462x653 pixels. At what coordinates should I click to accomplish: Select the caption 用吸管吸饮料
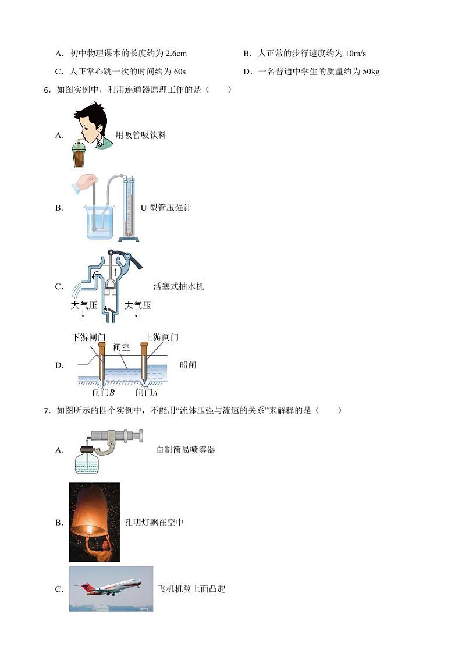[141, 135]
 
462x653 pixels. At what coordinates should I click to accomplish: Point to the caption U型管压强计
[166, 208]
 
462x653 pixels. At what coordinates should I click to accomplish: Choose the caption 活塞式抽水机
[179, 286]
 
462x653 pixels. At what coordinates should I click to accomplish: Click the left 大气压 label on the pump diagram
[84, 306]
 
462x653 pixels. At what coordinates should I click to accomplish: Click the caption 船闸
[188, 365]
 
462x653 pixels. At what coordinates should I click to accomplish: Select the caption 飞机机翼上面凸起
[191, 589]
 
